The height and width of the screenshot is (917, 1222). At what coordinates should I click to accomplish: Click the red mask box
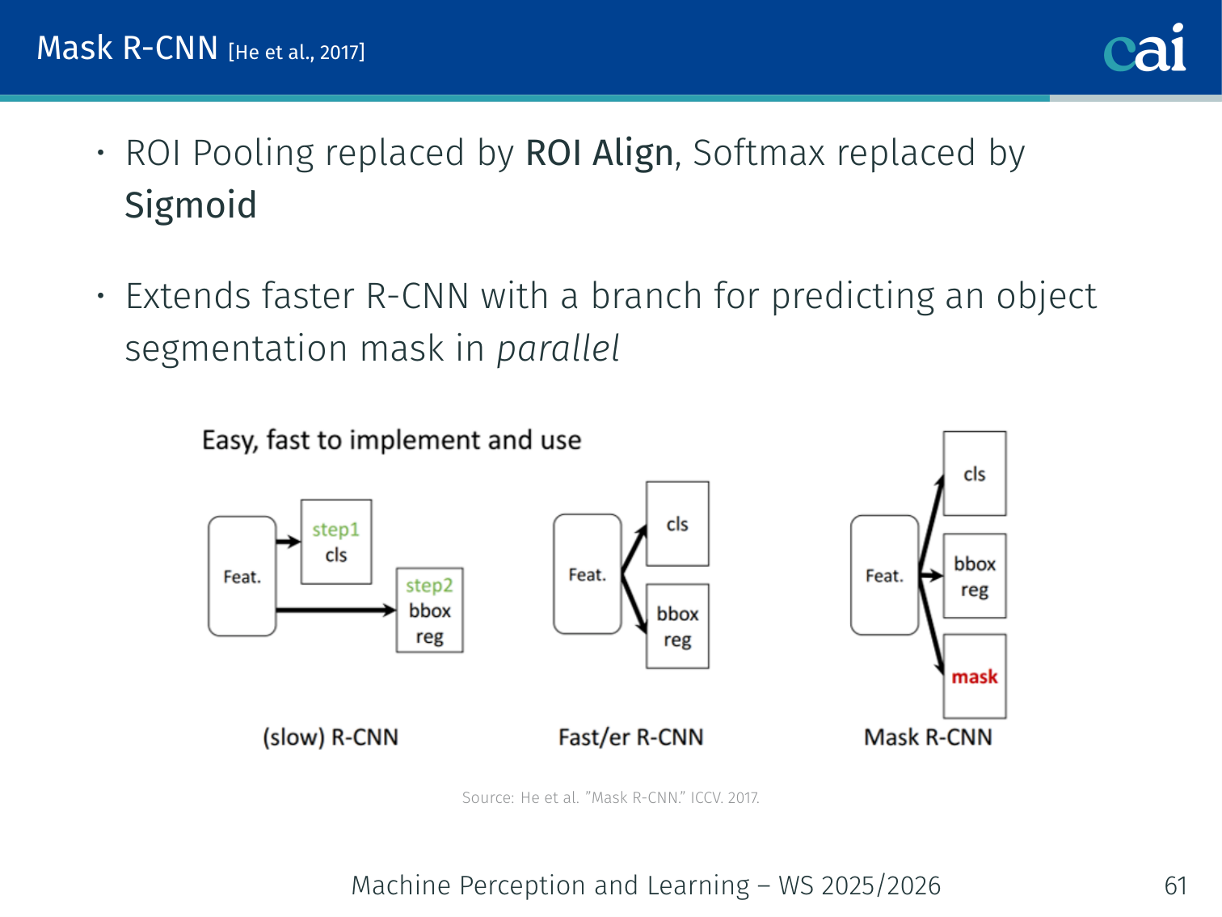tap(975, 676)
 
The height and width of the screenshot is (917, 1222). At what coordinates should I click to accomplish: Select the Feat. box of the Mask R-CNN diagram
tap(884, 575)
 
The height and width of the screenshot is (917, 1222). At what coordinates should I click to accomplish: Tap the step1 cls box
tap(336, 542)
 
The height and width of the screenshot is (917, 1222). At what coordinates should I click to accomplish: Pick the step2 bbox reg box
tap(429, 611)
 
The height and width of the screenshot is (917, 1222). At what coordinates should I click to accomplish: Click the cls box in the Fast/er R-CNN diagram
tap(677, 524)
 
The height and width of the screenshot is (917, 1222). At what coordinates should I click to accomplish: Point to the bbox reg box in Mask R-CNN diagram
tap(975, 576)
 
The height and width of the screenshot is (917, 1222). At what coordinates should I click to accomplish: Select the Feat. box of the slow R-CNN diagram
tap(242, 576)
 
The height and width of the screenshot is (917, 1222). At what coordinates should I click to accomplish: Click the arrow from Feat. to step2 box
tap(335, 610)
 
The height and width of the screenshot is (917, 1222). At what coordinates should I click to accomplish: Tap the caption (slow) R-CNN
tap(331, 737)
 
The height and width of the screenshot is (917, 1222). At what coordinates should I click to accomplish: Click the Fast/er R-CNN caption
tap(631, 737)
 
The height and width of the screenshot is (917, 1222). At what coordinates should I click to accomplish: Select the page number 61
tap(1175, 885)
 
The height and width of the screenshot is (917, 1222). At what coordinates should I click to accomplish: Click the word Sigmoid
tap(191, 205)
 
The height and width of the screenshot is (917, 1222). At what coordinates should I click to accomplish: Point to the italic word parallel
tap(558, 349)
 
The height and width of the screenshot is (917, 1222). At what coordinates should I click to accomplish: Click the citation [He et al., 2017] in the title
tap(297, 53)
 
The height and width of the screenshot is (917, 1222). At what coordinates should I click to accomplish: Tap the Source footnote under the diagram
tap(610, 797)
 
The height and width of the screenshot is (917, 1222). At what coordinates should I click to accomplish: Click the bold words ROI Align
tap(599, 153)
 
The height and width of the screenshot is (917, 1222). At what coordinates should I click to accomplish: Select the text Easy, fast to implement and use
tap(391, 440)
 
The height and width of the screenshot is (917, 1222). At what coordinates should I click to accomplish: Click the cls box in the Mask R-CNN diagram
tap(975, 474)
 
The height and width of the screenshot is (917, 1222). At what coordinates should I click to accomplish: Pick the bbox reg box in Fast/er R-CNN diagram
tap(677, 626)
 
